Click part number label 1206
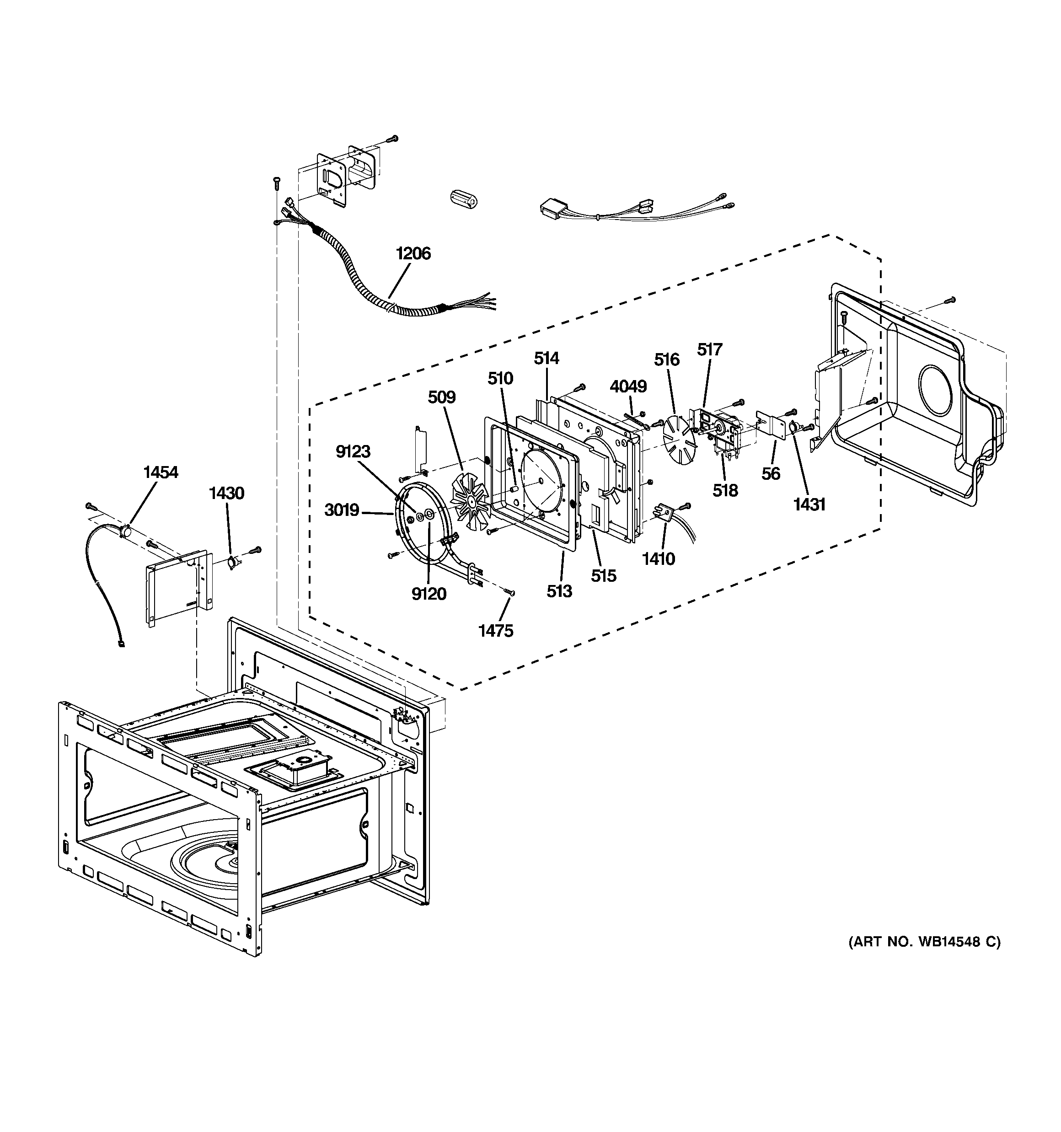coord(413,253)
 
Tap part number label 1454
coord(161,472)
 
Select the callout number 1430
coord(227,493)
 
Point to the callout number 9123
coord(353,451)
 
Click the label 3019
coord(342,510)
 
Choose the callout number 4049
coord(628,386)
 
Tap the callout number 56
coord(771,474)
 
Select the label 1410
coord(659,558)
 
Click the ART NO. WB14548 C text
coord(924,942)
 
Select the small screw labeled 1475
coord(510,593)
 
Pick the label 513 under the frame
coord(559,591)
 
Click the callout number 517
coord(710,349)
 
